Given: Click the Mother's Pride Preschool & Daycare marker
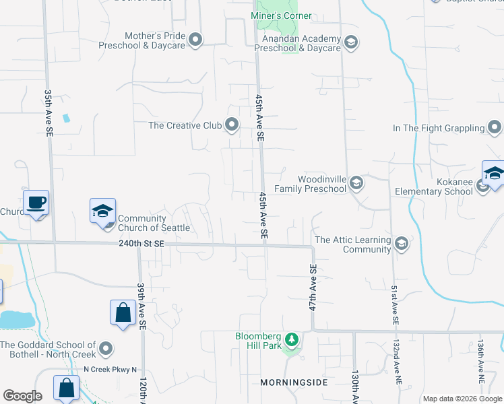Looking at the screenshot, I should pyautogui.click(x=195, y=40).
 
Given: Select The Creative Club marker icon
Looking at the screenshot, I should pyautogui.click(x=232, y=125).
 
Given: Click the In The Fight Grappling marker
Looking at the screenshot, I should pyautogui.click(x=495, y=128).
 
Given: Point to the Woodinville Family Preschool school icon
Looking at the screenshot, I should pyautogui.click(x=356, y=184).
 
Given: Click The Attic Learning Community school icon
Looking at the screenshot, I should pyautogui.click(x=402, y=244).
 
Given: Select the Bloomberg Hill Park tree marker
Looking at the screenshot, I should pyautogui.click(x=291, y=339).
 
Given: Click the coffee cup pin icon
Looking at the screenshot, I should pyautogui.click(x=36, y=202).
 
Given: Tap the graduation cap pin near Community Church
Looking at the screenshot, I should pyautogui.click(x=103, y=211).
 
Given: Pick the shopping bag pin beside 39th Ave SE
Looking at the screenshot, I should pyautogui.click(x=123, y=313).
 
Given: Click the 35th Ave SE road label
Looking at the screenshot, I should pyautogui.click(x=49, y=114).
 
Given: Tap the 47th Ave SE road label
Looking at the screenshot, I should pyautogui.click(x=313, y=286).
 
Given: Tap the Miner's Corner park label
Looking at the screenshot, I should pyautogui.click(x=281, y=15).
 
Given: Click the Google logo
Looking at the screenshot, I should pyautogui.click(x=22, y=396).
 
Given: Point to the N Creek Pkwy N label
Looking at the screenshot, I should pyautogui.click(x=110, y=369).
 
